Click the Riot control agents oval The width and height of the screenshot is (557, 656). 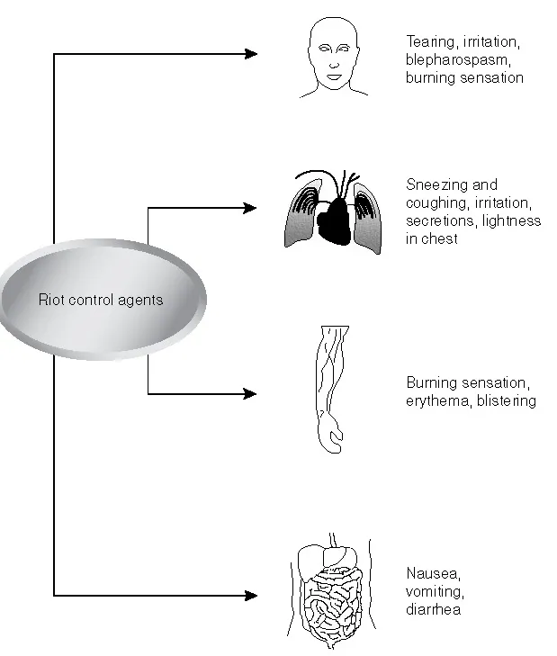coord(101,300)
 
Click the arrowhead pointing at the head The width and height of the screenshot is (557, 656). coord(251,54)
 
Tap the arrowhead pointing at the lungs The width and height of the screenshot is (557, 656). coord(251,208)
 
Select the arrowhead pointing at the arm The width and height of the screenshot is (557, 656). coord(251,393)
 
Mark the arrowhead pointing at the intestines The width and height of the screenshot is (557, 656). coord(251,595)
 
